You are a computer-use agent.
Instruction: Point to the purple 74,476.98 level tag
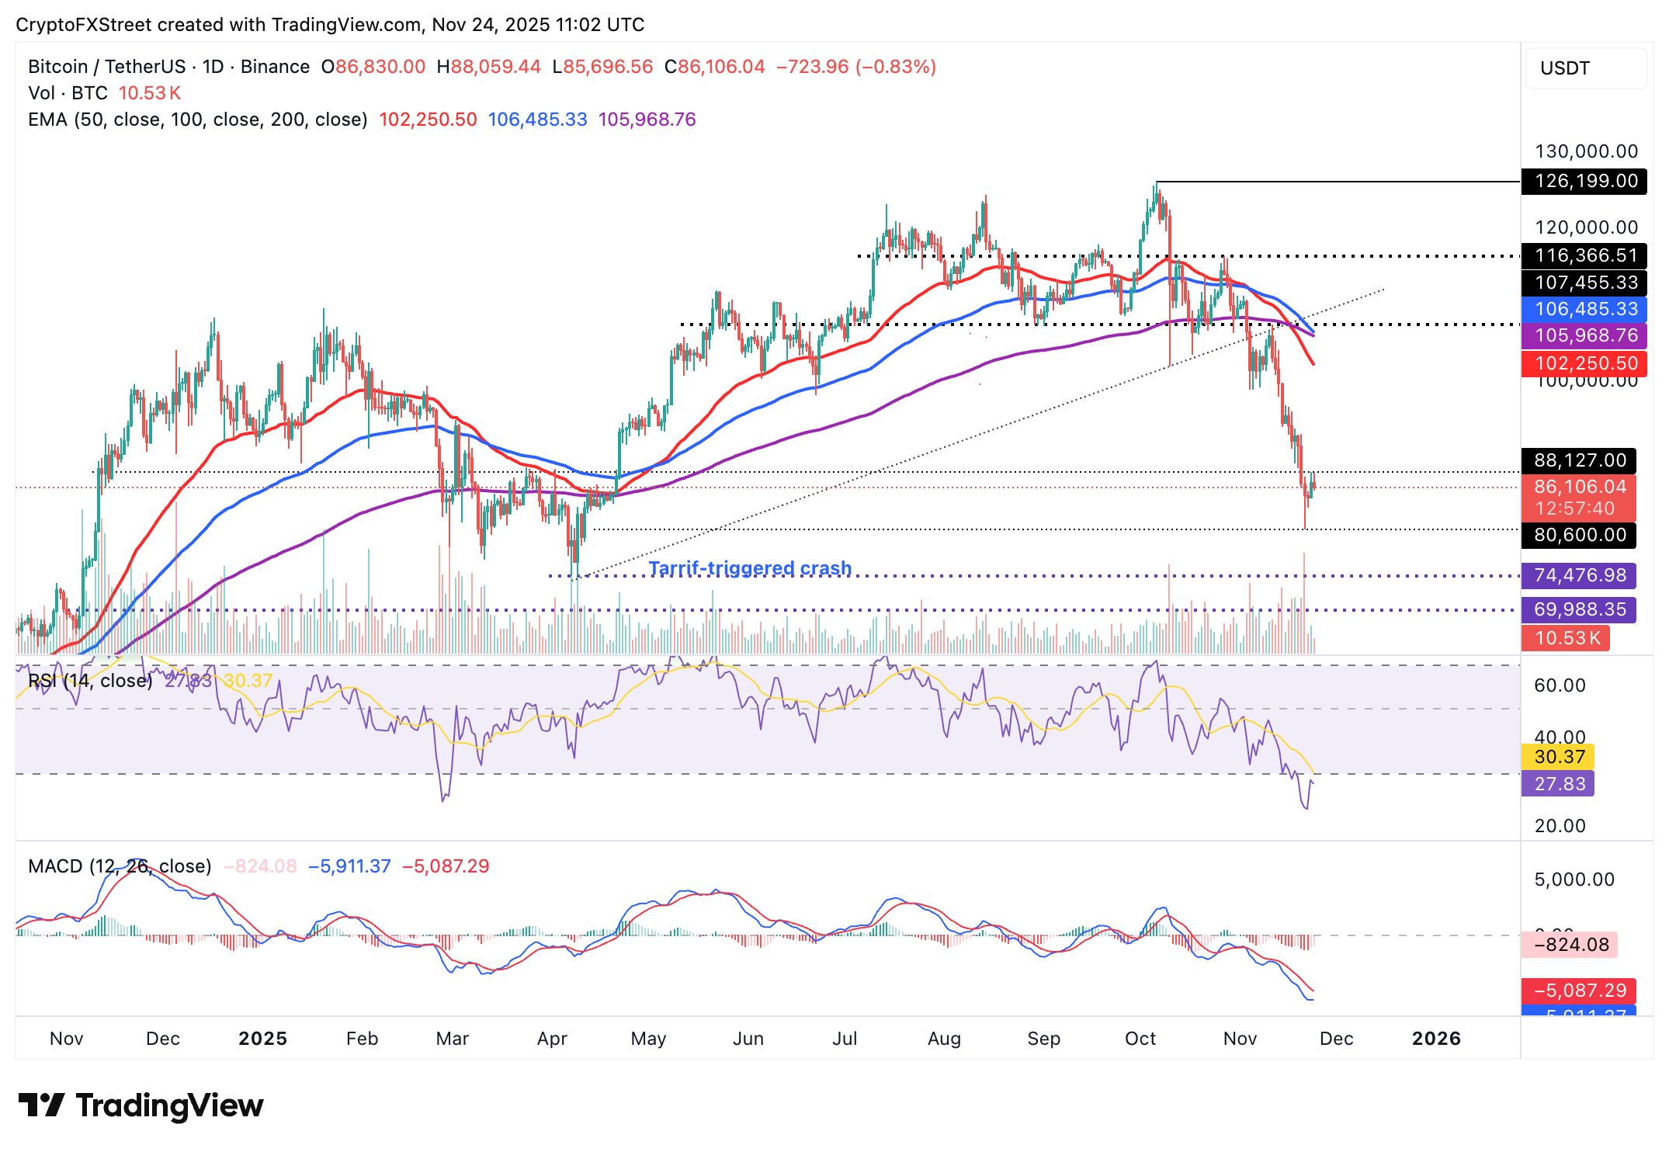[1579, 575]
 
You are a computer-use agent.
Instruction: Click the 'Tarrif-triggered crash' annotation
[750, 568]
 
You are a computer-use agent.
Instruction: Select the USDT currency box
[1584, 68]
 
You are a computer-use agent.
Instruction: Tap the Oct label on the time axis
[1140, 1039]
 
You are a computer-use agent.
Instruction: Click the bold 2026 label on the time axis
[1435, 1039]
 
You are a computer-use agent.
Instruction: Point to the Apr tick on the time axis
[552, 1039]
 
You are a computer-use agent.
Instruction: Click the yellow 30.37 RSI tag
[1559, 756]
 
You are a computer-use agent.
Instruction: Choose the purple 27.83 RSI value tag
[1559, 783]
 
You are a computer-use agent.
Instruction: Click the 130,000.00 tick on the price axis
[1586, 151]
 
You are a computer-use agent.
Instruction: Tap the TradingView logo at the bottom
[141, 1105]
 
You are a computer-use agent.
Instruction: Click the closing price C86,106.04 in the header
[714, 67]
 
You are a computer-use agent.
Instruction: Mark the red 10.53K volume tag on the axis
[1567, 638]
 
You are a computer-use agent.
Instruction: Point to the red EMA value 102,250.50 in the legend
[428, 120]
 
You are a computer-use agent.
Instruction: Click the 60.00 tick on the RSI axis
[1560, 685]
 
